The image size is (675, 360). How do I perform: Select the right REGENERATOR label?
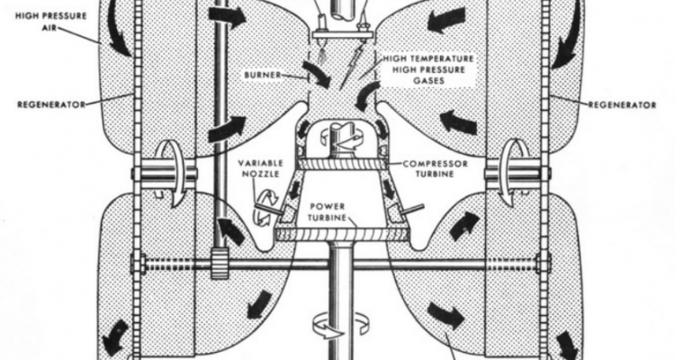click(623, 105)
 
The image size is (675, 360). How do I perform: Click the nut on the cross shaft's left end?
click(138, 265)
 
